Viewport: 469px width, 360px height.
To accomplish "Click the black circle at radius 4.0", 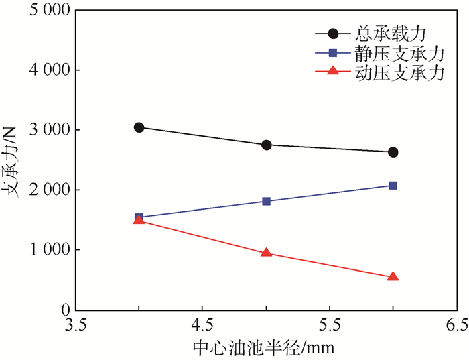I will [x=139, y=127].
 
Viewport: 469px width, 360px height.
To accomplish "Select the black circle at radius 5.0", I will [x=266, y=145].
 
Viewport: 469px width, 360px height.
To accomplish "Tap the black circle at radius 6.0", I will [x=393, y=152].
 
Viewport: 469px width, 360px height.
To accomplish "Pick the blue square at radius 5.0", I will [x=266, y=201].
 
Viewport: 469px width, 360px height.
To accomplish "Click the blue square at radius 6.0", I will [x=393, y=185].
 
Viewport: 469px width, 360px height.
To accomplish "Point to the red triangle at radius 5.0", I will [x=266, y=253].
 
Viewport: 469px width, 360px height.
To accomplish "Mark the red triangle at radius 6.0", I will [x=393, y=276].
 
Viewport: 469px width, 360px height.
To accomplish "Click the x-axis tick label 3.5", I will [x=75, y=326].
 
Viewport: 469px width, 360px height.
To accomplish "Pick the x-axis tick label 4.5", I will [x=202, y=326].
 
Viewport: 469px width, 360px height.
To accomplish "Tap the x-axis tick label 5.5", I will [x=330, y=326].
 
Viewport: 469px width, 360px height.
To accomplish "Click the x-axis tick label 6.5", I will [x=456, y=326].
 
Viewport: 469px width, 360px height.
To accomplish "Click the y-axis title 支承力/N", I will [x=11, y=162].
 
